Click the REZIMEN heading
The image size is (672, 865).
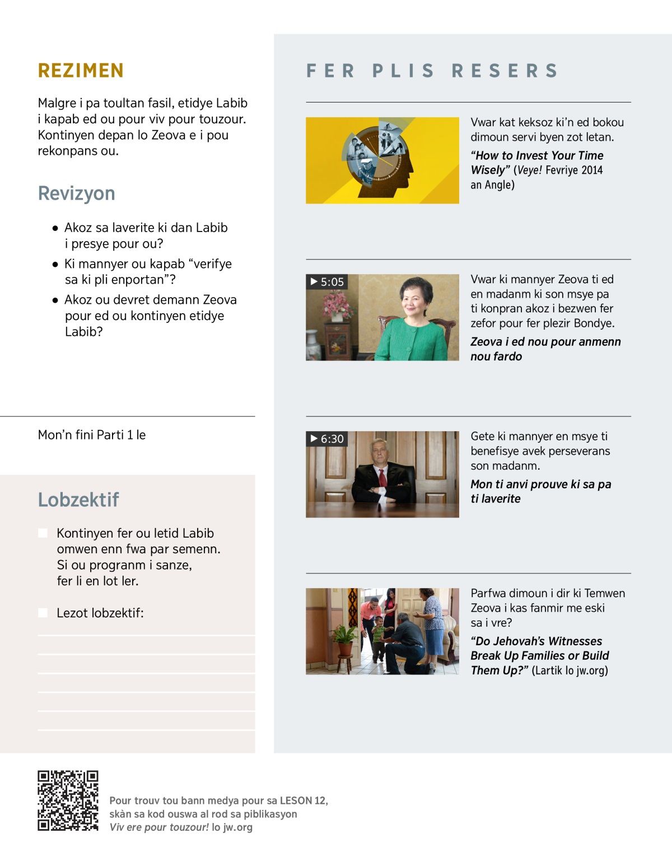tap(81, 71)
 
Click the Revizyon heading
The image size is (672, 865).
tap(76, 193)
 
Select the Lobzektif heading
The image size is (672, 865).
tap(78, 499)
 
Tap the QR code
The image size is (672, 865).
tap(68, 801)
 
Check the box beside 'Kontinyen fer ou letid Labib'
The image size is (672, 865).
tap(43, 533)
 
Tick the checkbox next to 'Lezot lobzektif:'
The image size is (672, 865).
tap(43, 613)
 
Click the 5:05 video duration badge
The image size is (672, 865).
tap(327, 281)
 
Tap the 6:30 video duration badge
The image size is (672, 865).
tap(327, 438)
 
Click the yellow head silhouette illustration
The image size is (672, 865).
tap(382, 160)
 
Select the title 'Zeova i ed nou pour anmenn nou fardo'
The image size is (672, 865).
tap(545, 349)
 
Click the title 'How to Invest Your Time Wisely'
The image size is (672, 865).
tap(536, 163)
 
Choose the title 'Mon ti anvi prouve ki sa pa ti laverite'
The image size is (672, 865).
tap(540, 491)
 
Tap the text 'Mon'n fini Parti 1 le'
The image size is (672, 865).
tap(92, 435)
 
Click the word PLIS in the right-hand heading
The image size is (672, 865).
tap(403, 71)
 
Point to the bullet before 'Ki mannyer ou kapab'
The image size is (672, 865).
tap(55, 264)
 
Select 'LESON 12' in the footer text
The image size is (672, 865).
tap(303, 801)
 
